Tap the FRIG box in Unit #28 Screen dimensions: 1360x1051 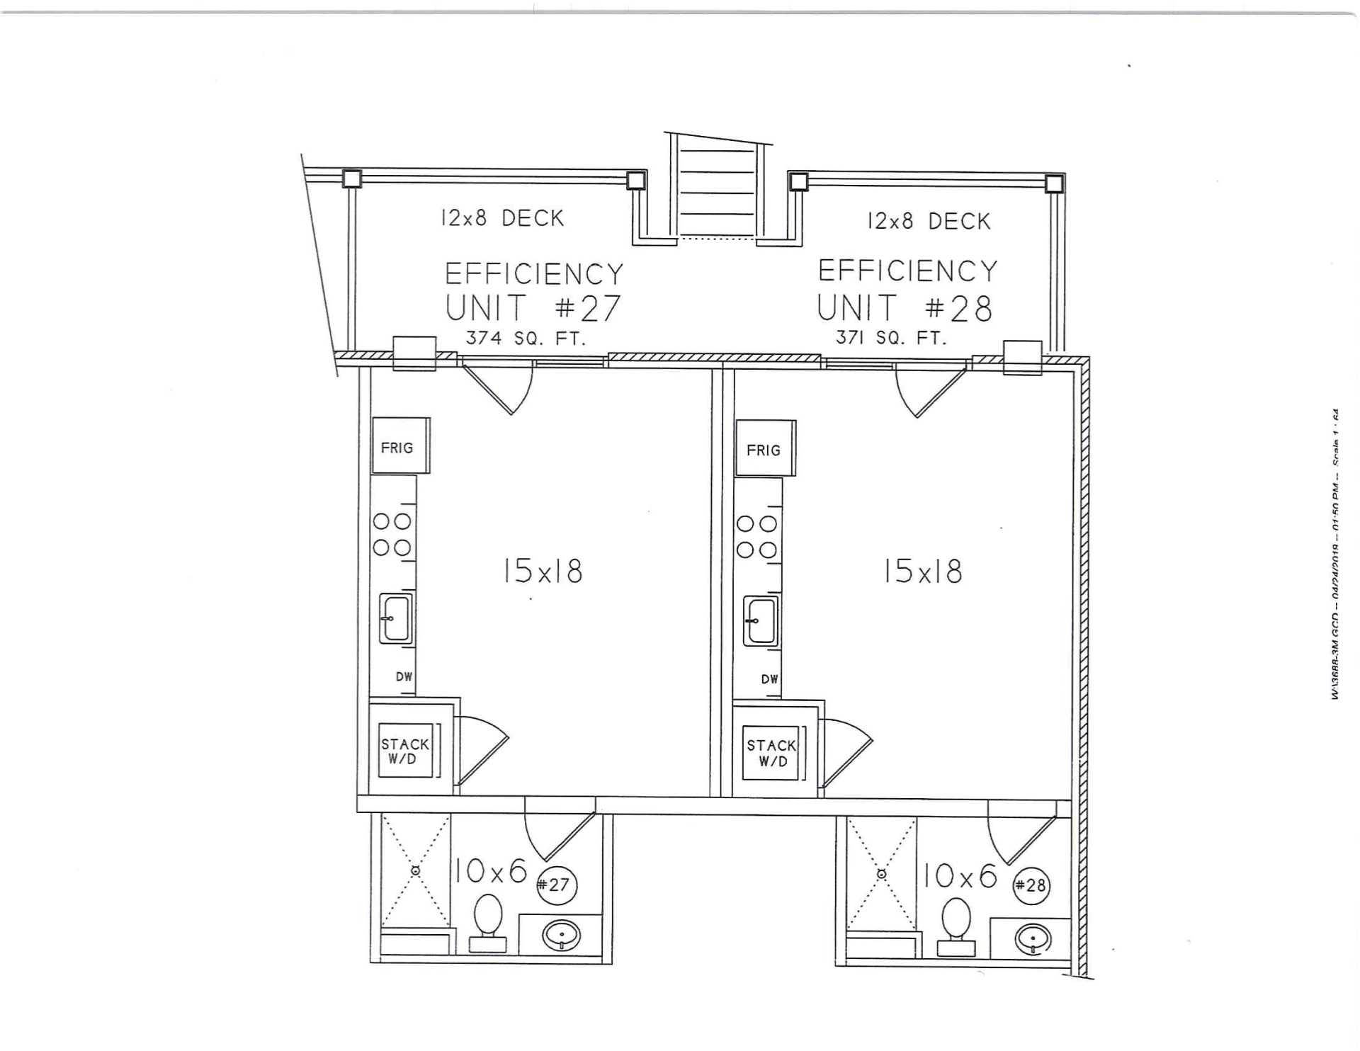click(765, 449)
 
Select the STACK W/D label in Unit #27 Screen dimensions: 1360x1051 click(405, 751)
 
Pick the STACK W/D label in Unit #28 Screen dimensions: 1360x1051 click(771, 753)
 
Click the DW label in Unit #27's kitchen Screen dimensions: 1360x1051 click(404, 676)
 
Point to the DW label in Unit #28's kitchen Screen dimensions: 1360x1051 click(770, 679)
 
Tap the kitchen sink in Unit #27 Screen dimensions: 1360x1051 click(396, 618)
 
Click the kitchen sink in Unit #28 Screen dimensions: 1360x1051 click(761, 621)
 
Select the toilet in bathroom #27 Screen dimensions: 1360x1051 click(488, 921)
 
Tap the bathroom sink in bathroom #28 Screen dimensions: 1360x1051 click(1032, 938)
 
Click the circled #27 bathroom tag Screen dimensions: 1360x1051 click(556, 885)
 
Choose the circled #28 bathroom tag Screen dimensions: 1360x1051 click(1031, 885)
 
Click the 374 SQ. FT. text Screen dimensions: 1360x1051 click(526, 339)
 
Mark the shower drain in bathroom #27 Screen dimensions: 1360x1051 click(416, 870)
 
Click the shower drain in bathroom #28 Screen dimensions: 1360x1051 click(882, 874)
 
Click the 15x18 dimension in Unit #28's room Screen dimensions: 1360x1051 click(922, 571)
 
